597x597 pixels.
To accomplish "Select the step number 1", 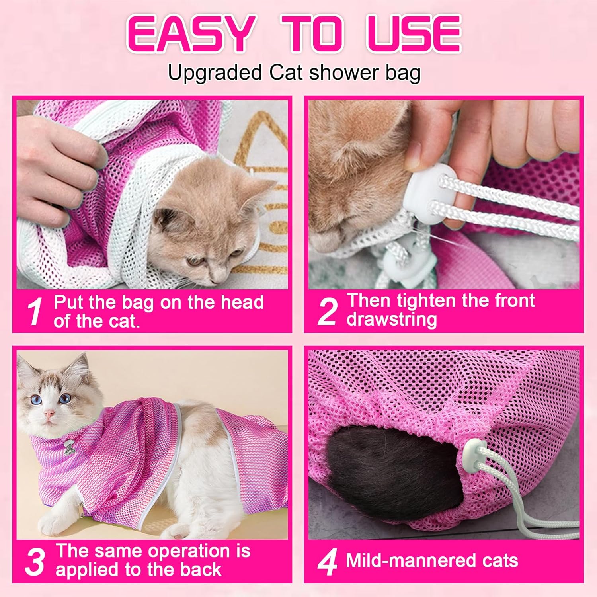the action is pos(35,312).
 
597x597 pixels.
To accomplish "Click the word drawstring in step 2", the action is pos(392,320).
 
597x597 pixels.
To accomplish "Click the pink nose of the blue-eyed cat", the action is pos(49,414).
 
